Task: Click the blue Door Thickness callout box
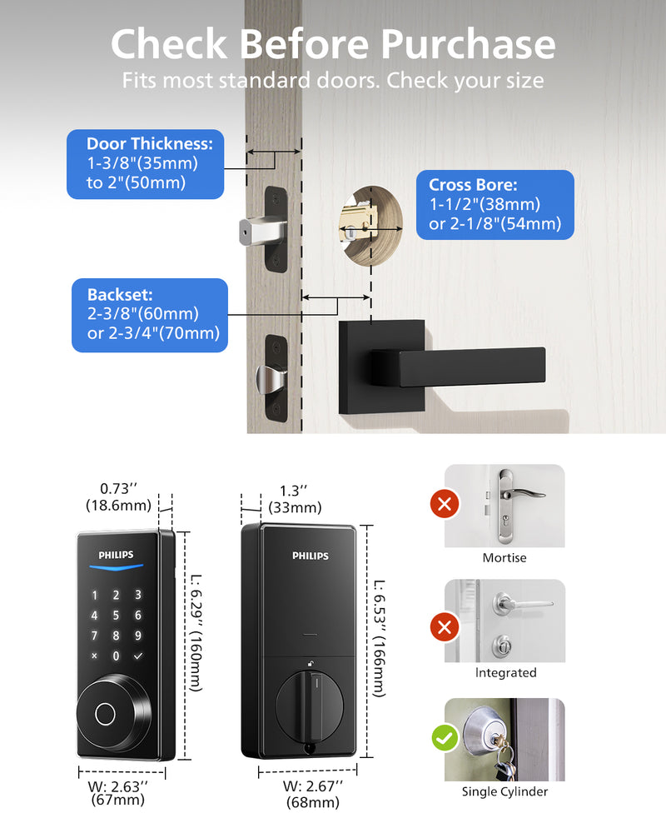(x=145, y=164)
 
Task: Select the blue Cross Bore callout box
(x=495, y=205)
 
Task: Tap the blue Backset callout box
(x=150, y=315)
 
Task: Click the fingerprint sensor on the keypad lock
(x=105, y=715)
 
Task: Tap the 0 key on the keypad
(x=116, y=656)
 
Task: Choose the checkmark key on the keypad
(x=138, y=656)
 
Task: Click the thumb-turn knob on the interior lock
(x=310, y=705)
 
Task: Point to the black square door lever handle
(x=442, y=367)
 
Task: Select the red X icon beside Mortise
(x=445, y=503)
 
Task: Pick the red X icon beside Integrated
(x=445, y=627)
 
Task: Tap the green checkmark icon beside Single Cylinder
(x=445, y=738)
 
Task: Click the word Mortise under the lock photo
(x=504, y=558)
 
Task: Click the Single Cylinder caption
(x=504, y=791)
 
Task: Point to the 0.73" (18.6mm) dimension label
(x=118, y=496)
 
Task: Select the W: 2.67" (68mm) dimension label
(x=313, y=794)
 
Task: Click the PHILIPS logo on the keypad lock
(x=117, y=555)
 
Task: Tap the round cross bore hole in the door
(x=370, y=225)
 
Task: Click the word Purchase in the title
(x=469, y=44)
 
